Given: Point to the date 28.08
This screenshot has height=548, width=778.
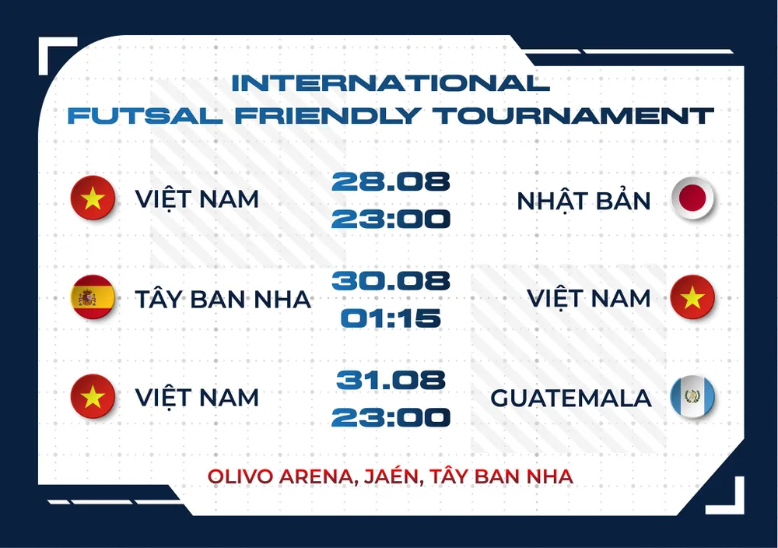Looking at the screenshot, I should [x=391, y=181].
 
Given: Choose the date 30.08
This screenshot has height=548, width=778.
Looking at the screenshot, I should [x=391, y=281].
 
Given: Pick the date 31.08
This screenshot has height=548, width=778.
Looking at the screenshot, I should [x=391, y=380].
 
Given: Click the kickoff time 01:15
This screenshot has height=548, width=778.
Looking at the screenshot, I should [x=391, y=318].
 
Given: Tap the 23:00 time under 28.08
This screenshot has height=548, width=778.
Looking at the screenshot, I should [x=391, y=219].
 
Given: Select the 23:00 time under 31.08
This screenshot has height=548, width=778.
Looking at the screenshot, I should [x=391, y=417].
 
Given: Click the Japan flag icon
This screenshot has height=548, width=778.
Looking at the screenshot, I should [x=692, y=199].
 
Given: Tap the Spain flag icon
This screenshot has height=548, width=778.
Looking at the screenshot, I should [x=93, y=298].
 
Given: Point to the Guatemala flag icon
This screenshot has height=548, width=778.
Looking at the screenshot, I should [x=692, y=398].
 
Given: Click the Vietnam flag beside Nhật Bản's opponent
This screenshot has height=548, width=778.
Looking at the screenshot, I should [x=93, y=199].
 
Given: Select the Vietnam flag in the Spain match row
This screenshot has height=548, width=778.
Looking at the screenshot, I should [x=692, y=298].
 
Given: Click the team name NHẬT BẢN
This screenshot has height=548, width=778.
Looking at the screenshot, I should [x=583, y=201].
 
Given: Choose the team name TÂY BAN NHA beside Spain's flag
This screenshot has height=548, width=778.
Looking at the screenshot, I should [x=223, y=299].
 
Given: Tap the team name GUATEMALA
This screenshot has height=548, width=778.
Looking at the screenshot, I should [x=570, y=399].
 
